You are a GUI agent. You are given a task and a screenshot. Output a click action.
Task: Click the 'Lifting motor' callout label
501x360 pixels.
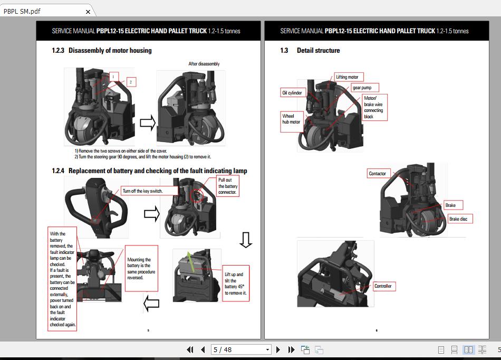coord(347,77)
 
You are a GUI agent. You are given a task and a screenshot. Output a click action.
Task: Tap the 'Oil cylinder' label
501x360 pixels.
coord(292,93)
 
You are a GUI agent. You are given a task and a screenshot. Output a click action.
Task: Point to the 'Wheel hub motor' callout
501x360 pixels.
coord(292,119)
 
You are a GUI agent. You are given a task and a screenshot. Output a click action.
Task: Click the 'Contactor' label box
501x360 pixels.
coord(378,173)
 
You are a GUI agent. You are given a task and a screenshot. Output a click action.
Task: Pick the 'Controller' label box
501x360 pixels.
coord(383,286)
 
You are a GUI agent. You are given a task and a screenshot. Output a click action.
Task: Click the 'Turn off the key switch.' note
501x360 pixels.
coord(142,191)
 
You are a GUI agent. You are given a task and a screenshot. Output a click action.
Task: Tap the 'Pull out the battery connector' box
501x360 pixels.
coord(228,186)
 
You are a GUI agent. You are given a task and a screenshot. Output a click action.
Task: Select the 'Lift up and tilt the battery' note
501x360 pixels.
coord(235,283)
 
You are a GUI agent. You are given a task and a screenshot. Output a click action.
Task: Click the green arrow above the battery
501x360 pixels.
coord(191,261)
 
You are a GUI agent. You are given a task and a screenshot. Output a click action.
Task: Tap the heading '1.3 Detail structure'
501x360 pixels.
coord(310,51)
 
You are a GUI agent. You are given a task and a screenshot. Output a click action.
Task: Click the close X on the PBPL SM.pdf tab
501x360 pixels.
coord(88,12)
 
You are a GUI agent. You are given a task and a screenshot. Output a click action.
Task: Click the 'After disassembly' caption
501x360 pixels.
coord(204,64)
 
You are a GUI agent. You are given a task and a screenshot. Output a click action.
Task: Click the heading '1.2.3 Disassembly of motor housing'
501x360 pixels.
coord(102,51)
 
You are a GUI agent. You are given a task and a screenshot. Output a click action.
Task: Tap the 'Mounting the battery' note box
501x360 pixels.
coord(141,268)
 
